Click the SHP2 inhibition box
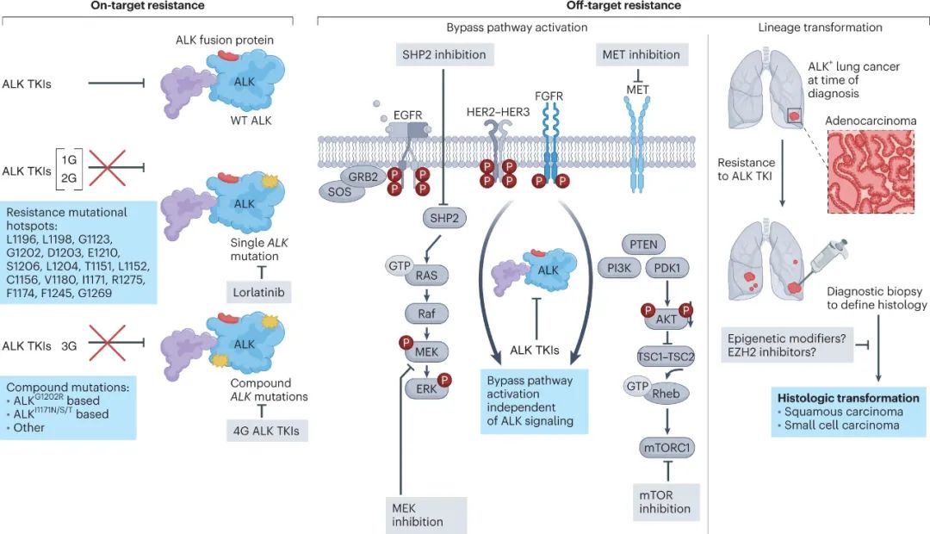pos(444,54)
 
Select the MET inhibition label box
pos(642,54)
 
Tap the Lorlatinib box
pos(258,292)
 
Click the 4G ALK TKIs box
pos(266,431)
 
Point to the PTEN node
pos(643,245)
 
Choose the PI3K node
pos(619,268)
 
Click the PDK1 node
pos(667,268)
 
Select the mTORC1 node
pos(667,447)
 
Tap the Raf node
pos(426,314)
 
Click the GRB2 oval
pos(363,177)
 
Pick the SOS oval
pos(340,192)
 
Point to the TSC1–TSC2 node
pos(666,357)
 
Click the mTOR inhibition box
pos(666,502)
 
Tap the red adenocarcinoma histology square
pos(871,171)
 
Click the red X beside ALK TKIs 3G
pos(108,343)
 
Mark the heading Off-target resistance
pos(623,6)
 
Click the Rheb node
pos(666,394)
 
